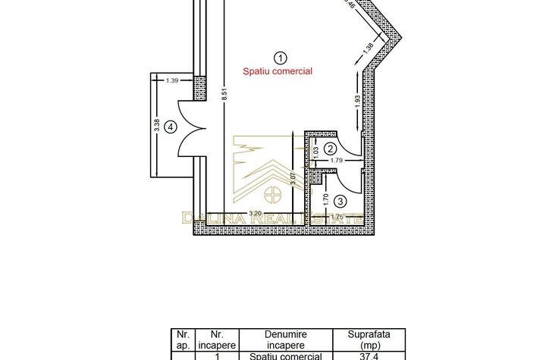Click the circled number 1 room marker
281,57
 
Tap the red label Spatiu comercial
278,71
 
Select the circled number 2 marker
330,149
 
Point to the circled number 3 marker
340,201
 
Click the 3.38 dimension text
156,127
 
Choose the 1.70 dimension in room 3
325,200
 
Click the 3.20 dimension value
257,214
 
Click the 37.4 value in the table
366,355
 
